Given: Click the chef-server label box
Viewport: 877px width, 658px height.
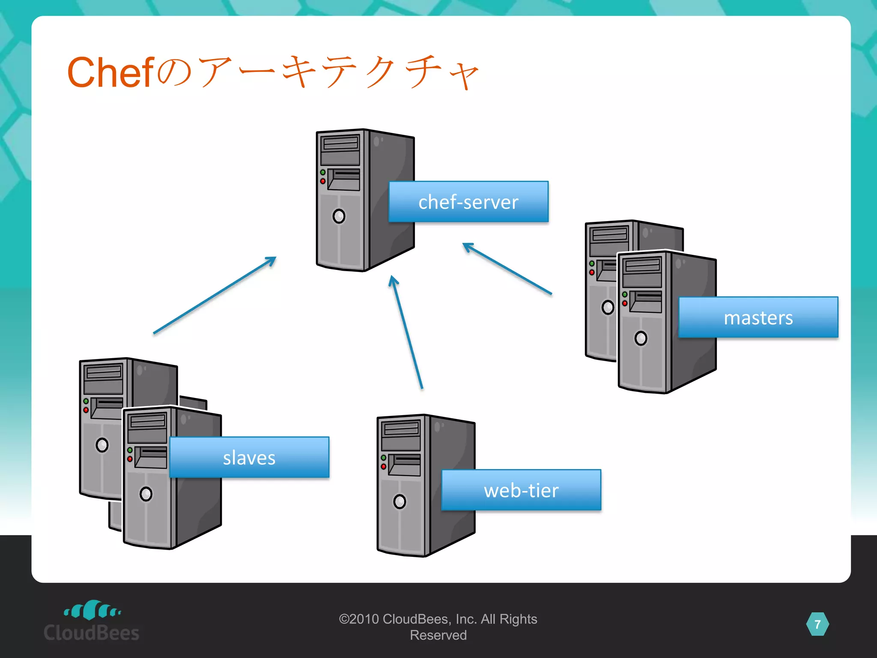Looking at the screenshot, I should click(x=468, y=202).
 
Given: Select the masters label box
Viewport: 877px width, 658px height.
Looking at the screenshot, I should click(x=758, y=317).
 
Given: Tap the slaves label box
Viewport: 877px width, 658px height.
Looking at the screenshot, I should click(x=249, y=458).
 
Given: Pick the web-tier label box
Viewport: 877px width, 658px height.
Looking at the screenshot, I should click(x=521, y=490).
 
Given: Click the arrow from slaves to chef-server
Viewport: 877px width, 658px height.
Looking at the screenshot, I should click(x=214, y=296).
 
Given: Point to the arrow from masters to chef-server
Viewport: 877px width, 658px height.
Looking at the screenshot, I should click(x=507, y=269).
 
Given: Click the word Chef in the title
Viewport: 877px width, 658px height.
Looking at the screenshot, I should click(x=110, y=72).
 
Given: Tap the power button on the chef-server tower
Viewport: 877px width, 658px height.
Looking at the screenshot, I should click(x=339, y=216).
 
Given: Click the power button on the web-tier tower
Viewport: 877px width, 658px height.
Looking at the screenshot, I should click(x=400, y=501).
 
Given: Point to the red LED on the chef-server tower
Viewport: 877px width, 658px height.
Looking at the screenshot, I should click(x=323, y=181).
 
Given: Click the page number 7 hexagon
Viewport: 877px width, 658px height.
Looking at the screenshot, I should click(x=817, y=625).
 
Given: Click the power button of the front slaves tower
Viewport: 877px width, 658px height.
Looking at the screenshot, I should click(x=146, y=494).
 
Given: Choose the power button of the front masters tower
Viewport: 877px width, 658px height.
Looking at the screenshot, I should click(x=641, y=338).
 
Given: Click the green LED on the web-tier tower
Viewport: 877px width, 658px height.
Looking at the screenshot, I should click(x=384, y=458).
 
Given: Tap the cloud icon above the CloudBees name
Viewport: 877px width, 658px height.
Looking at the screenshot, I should click(x=92, y=610).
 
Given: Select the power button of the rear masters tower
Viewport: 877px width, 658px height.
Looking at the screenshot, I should click(x=608, y=307).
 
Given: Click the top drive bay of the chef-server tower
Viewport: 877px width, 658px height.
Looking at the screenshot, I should click(x=340, y=143).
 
